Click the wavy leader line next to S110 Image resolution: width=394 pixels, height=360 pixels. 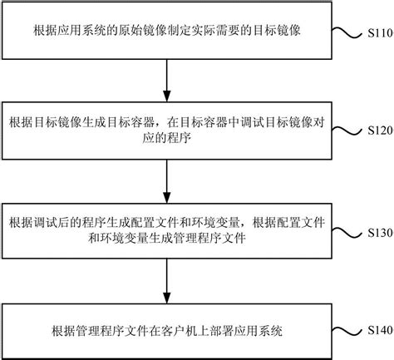click(x=347, y=35)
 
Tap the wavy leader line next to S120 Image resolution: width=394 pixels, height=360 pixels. click(x=347, y=131)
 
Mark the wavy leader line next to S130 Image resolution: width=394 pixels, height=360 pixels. click(x=347, y=231)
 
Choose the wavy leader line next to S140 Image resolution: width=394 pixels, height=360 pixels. click(x=347, y=331)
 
